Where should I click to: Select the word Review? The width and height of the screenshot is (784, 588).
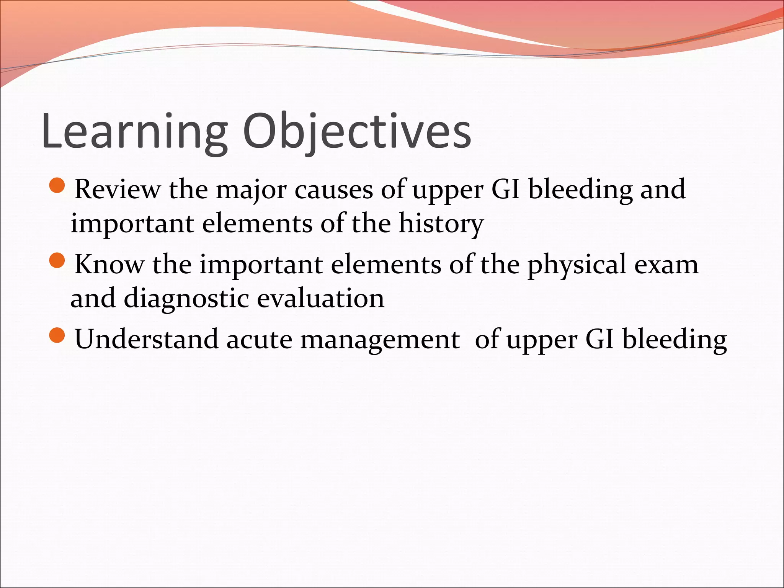118,189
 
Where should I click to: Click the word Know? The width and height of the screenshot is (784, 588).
109,264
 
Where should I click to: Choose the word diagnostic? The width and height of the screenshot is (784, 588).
186,299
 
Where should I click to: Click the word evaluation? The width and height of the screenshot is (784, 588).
320,298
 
